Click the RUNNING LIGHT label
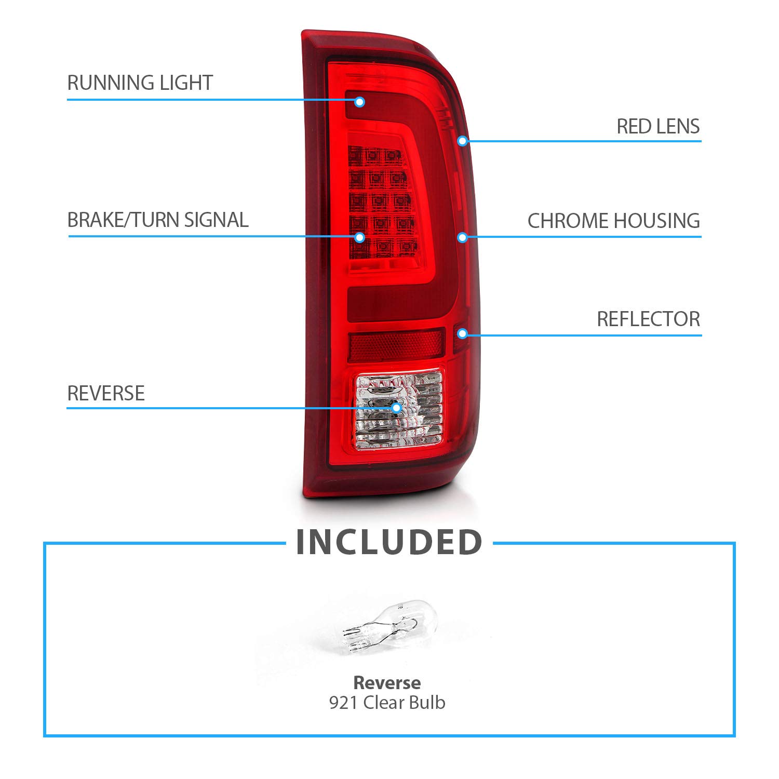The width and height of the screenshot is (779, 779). click(x=140, y=83)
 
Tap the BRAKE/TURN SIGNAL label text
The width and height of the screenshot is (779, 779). click(x=158, y=220)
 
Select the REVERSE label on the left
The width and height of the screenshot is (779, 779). click(x=106, y=394)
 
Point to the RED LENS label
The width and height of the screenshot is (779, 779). click(x=658, y=126)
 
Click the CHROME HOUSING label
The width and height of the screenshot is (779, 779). click(x=614, y=221)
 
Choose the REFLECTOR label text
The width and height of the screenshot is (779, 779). click(x=649, y=319)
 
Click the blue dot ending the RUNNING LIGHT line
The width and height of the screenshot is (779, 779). click(x=359, y=102)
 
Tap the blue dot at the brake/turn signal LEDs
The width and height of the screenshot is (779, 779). click(x=359, y=237)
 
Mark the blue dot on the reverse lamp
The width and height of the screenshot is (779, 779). click(x=397, y=408)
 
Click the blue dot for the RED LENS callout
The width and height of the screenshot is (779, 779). click(x=462, y=141)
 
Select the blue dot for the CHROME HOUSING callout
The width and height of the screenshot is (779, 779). click(x=462, y=237)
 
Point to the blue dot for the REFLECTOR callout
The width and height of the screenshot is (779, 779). click(x=462, y=333)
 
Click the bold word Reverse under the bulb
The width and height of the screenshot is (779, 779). click(x=387, y=682)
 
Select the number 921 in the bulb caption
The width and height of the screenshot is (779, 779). click(x=343, y=703)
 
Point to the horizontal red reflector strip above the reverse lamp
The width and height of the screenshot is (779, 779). click(x=396, y=345)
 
